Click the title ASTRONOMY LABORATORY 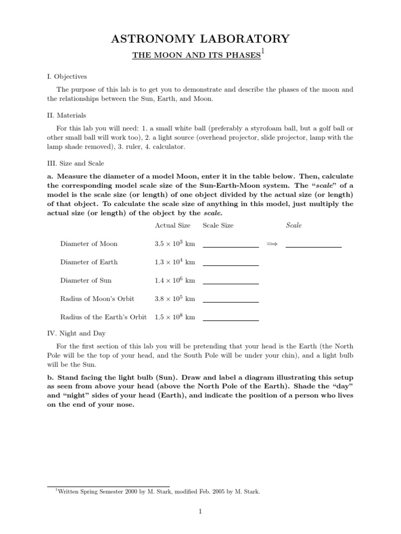pos(200,39)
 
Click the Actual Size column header pos(172,225)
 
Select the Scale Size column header pos(218,225)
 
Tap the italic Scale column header pos(294,225)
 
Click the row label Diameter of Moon pos(89,244)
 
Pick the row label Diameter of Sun pos(86,280)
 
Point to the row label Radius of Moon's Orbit pos(97,298)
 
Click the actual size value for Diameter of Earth pos(174,262)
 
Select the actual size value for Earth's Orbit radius pos(174,317)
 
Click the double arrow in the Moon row pos(272,244)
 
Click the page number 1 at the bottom pos(200,512)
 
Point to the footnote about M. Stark pos(157,491)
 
